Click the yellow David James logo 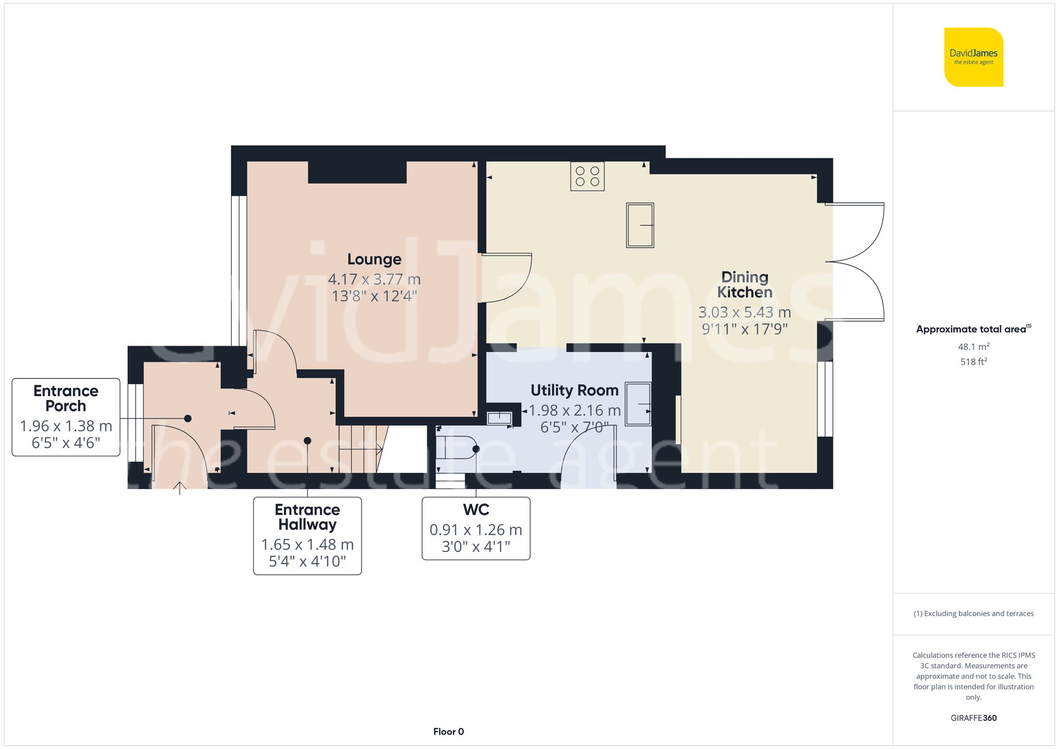[x=973, y=57]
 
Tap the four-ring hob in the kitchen [x=587, y=176]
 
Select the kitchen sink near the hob [x=640, y=225]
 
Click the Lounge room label [x=374, y=259]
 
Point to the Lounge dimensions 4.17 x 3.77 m [x=374, y=279]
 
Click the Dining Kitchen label [x=744, y=284]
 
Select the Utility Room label [x=575, y=390]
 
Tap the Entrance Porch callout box [x=66, y=417]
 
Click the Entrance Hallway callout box [x=307, y=535]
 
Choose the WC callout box [x=475, y=528]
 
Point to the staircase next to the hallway [x=360, y=449]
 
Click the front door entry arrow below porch [x=180, y=488]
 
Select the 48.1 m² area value [x=973, y=347]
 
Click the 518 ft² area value [x=973, y=362]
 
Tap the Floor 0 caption [x=448, y=732]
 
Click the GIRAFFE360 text [x=973, y=718]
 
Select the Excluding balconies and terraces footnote [x=973, y=613]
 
